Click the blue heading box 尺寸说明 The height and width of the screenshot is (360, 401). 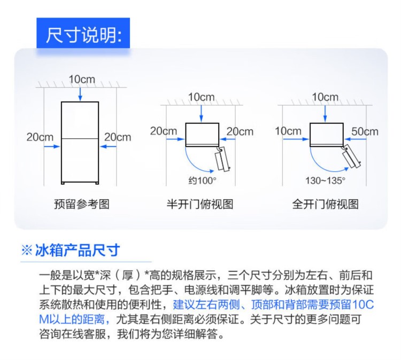pos(83,33)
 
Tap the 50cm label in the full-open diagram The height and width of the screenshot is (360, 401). pos(365,131)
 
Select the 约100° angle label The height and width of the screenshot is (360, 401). pos(202,181)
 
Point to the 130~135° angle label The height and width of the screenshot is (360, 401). pos(325,181)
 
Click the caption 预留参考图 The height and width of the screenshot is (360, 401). pos(82,204)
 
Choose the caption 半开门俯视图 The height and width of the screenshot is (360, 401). pos(200,204)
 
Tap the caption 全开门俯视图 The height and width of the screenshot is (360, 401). pos(325,204)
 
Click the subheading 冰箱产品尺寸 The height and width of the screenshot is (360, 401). pos(77,250)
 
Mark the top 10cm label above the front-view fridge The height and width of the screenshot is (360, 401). pos(82,79)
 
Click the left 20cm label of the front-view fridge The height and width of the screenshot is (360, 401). pos(40,137)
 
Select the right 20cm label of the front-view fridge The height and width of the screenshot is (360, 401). pos(118,137)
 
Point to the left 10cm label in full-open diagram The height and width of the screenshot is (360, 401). pos(288,131)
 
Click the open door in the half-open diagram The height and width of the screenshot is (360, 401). pos(222,159)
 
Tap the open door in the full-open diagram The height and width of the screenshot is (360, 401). pos(352,156)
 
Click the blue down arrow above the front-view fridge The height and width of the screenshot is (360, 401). pos(80,95)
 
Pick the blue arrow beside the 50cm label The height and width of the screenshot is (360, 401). pos(355,139)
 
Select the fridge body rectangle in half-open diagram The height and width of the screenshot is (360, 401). pos(202,135)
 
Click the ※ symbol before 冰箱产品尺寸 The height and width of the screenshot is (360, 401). pos(27,251)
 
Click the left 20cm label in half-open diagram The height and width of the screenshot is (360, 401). pos(164,131)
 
